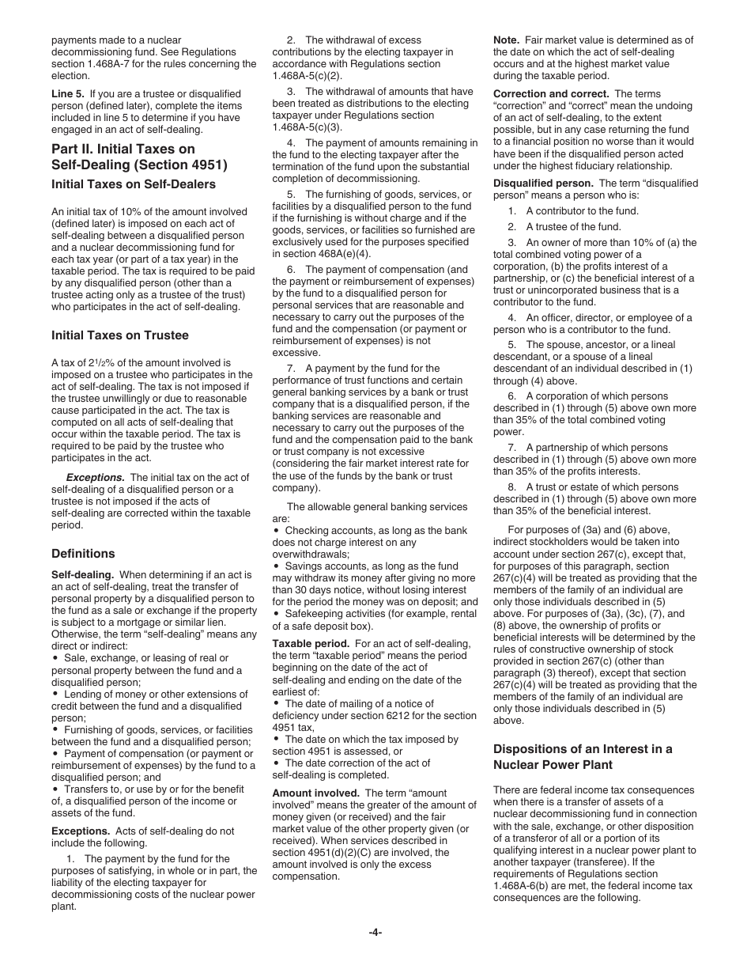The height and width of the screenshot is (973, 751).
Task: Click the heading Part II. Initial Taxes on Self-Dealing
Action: (138, 157)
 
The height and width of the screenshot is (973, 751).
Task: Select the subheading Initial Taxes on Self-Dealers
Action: (133, 184)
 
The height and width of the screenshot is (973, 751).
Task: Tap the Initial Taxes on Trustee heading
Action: (119, 335)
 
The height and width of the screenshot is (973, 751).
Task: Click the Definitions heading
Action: (83, 553)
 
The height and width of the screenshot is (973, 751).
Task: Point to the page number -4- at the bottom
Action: (375, 932)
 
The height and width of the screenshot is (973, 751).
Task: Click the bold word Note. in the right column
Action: (506, 40)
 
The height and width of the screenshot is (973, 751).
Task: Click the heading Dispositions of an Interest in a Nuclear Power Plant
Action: (583, 756)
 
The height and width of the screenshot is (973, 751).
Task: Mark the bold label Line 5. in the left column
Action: (68, 93)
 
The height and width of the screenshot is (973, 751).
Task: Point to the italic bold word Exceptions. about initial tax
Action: (95, 477)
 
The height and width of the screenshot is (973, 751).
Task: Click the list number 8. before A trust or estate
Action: (512, 487)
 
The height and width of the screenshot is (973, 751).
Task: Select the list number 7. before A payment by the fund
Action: (291, 368)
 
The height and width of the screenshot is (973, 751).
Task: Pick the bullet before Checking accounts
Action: (276, 531)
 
